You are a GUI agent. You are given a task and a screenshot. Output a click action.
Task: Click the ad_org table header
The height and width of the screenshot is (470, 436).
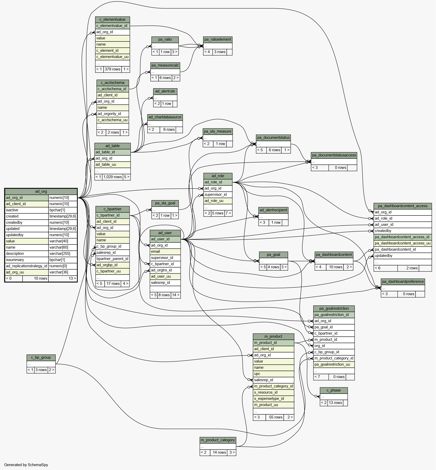41,191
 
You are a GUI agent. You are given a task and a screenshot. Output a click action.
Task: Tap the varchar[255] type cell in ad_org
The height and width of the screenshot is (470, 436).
63,254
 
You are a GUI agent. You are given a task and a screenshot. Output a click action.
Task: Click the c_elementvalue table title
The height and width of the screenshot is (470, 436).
112,19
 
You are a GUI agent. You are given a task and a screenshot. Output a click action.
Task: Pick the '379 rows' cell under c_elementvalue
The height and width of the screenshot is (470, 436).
112,69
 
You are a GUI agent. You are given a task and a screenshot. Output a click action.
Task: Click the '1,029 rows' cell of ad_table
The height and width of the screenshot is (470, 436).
112,177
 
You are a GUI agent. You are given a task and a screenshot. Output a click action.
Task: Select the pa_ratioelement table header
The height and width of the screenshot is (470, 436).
218,39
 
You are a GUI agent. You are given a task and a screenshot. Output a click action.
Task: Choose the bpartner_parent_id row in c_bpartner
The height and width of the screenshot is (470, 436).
112,259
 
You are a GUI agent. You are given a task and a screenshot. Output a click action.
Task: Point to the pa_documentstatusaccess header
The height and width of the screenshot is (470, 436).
334,155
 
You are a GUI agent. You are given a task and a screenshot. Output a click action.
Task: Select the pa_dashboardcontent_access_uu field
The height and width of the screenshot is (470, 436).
403,243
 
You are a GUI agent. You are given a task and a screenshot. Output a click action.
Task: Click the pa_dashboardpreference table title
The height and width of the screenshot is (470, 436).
403,281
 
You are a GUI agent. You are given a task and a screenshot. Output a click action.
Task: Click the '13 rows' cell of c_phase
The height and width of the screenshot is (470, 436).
335,403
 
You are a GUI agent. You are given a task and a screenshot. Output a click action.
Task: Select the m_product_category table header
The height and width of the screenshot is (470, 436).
218,440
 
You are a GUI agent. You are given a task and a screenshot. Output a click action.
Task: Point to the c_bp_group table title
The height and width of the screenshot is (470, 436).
41,357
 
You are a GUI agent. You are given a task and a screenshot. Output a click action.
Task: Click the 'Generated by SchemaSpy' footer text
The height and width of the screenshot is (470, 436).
26,465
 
